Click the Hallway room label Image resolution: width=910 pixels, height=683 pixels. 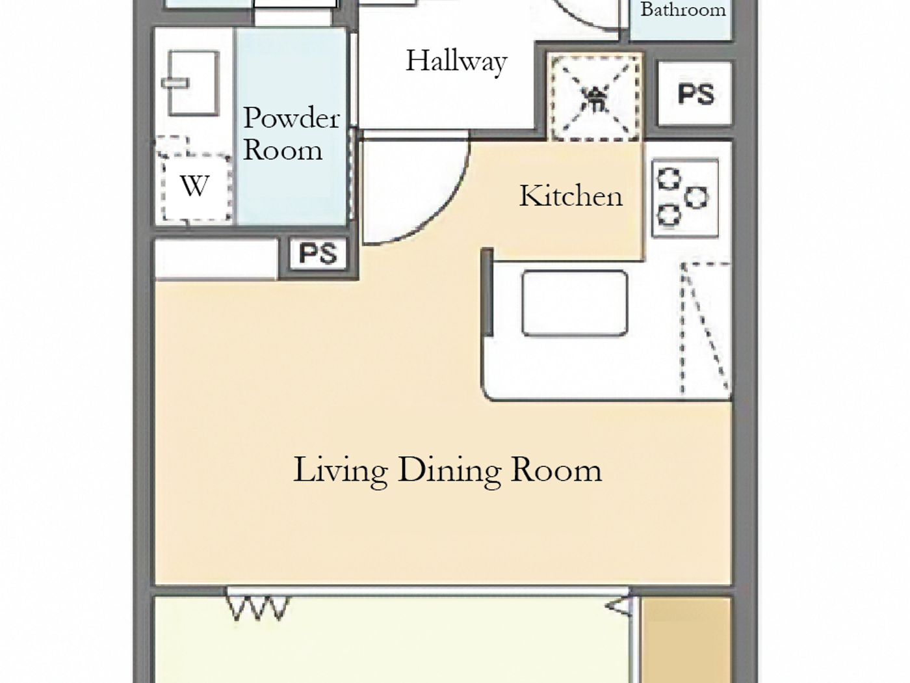(456, 62)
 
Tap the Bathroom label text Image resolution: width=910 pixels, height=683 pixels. (682, 10)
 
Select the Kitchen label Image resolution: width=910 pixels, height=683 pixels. (570, 196)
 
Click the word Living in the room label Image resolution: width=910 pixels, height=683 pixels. (341, 470)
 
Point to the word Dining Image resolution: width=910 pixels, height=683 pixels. (449, 470)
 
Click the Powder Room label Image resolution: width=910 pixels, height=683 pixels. (291, 134)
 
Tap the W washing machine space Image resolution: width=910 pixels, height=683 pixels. (194, 187)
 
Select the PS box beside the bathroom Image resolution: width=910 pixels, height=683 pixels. (695, 94)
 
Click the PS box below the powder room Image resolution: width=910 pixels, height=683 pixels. (318, 253)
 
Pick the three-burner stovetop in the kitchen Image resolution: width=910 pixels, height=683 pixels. (685, 197)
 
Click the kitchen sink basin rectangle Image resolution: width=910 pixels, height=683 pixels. (575, 303)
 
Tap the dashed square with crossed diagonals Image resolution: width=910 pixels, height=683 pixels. (594, 98)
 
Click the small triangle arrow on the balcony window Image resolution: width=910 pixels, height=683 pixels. (619, 607)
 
